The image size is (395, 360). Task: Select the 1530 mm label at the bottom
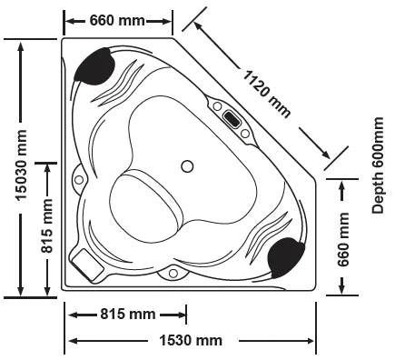pos(191,341)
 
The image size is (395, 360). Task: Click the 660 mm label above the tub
pos(117,20)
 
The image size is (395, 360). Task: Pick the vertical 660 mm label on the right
pos(343,239)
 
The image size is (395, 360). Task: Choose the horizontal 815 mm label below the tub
pos(128,315)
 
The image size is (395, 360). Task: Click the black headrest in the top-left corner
pos(95,65)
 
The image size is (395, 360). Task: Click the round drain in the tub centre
pos(188,166)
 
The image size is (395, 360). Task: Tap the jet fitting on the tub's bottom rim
pos(171,272)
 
